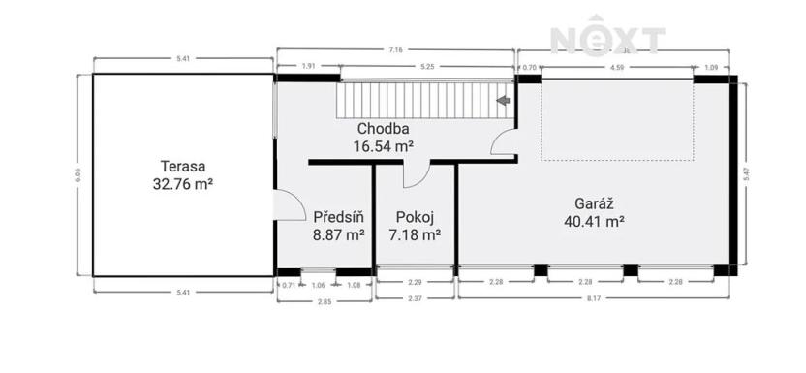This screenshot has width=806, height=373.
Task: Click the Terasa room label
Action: pyautogui.click(x=183, y=166)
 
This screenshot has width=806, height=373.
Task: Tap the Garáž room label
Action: pyautogui.click(x=593, y=203)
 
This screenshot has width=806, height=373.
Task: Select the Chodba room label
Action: pyautogui.click(x=383, y=129)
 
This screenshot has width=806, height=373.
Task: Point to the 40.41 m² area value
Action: pyautogui.click(x=593, y=220)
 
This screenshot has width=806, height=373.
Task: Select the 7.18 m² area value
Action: pyautogui.click(x=414, y=233)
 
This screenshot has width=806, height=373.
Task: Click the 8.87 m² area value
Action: pyautogui.click(x=338, y=233)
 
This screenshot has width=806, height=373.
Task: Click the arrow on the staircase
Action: pyautogui.click(x=502, y=99)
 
